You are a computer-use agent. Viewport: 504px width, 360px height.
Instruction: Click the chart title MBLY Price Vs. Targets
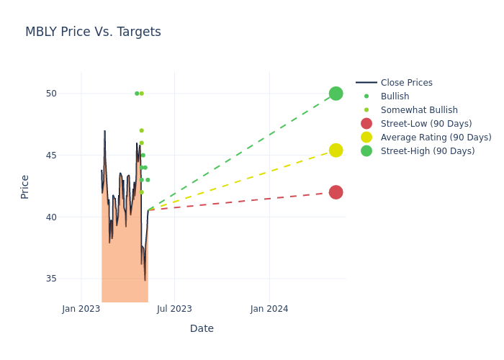93,32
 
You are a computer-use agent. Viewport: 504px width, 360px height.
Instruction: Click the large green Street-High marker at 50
336,94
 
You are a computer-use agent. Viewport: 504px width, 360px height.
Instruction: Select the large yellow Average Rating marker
336,150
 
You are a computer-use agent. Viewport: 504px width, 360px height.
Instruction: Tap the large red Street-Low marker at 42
336,192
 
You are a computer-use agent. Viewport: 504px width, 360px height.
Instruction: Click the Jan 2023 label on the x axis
81,309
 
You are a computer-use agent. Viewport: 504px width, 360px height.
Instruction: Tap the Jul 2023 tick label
175,309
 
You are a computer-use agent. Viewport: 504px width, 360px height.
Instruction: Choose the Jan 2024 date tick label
269,309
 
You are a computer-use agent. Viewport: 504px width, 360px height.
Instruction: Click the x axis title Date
202,329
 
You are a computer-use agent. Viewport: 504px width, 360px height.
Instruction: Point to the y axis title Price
25,186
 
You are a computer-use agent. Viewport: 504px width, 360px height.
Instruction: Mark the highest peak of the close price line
104,131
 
